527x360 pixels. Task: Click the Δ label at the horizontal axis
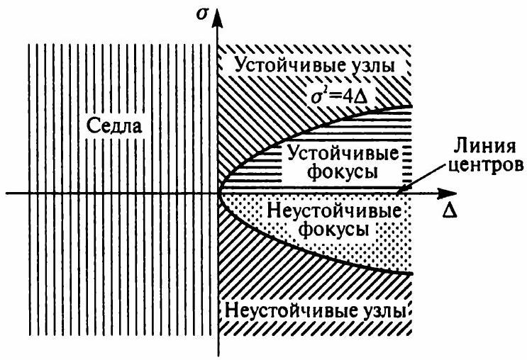(449, 212)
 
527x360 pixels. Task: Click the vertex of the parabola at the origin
(220, 192)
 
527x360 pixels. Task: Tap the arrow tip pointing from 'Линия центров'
(398, 191)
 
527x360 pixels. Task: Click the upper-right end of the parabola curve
(411, 108)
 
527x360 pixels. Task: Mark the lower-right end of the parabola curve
(411, 273)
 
